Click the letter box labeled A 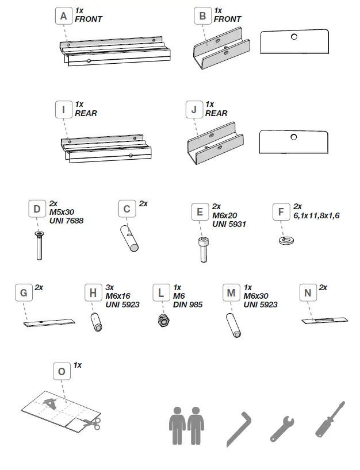click(x=64, y=16)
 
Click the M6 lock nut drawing click(x=162, y=319)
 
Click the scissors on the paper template click(x=90, y=423)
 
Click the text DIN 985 click(x=188, y=305)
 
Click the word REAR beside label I click(x=86, y=113)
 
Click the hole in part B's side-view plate click(x=294, y=37)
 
